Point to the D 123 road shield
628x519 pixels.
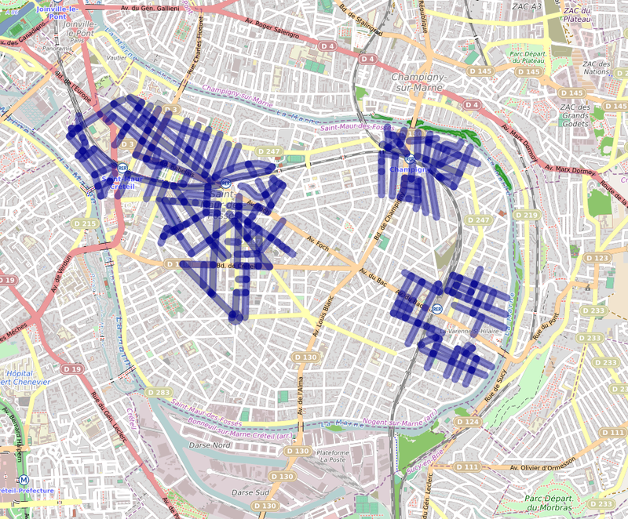click(598, 258)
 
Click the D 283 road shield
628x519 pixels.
click(159, 392)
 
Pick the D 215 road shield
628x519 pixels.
click(88, 224)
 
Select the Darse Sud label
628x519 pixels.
click(251, 492)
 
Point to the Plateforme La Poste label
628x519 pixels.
click(332, 458)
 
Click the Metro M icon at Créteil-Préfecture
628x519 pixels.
click(24, 480)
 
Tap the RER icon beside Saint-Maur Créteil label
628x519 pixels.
click(122, 168)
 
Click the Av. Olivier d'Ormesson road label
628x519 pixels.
click(548, 468)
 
